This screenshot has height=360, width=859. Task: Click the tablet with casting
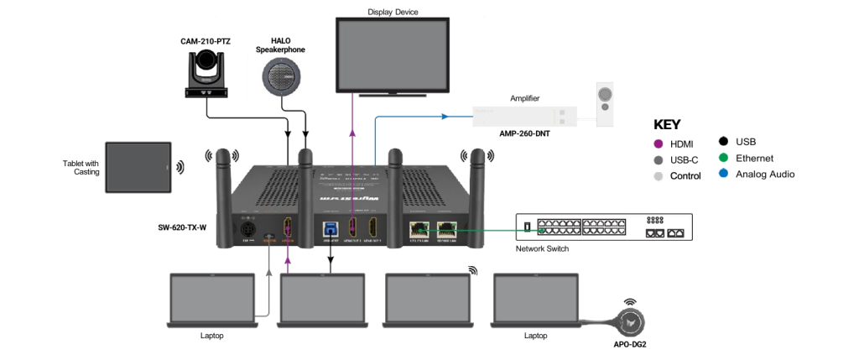click(x=138, y=167)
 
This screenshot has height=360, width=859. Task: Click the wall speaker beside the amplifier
click(x=604, y=104)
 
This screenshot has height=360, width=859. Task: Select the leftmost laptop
click(x=212, y=299)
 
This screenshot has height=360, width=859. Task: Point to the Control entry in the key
click(x=685, y=176)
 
